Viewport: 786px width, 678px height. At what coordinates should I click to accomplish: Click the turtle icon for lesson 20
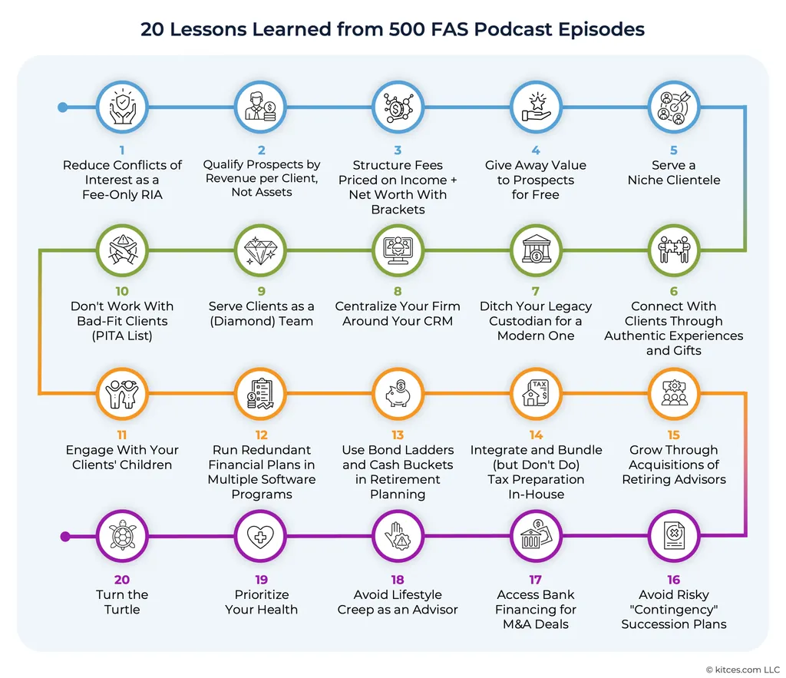(x=122, y=536)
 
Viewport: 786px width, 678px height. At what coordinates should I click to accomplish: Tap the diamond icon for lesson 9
(x=260, y=250)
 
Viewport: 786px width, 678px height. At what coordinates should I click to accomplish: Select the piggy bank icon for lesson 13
(x=398, y=393)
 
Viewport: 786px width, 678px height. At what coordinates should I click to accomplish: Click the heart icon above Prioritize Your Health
(x=260, y=537)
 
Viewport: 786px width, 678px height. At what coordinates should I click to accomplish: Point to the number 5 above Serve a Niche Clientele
(x=674, y=150)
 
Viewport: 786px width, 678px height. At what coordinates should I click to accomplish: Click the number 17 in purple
(x=535, y=580)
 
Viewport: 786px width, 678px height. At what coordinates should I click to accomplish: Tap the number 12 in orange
(x=261, y=435)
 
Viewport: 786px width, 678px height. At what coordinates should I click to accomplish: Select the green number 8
(x=398, y=291)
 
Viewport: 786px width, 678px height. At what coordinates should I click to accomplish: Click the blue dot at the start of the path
(x=63, y=107)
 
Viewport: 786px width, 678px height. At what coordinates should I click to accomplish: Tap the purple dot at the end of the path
(x=65, y=537)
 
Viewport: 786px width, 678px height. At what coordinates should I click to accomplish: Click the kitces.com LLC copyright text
(x=743, y=670)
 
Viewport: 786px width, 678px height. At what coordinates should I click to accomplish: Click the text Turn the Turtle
(x=122, y=602)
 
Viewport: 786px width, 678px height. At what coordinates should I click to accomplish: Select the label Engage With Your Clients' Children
(x=122, y=458)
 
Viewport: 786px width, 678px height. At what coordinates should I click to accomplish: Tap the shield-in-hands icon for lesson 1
(x=122, y=107)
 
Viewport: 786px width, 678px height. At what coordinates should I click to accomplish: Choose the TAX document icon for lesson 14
(x=535, y=393)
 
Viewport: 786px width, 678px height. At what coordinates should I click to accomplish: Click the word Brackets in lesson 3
(x=398, y=210)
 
